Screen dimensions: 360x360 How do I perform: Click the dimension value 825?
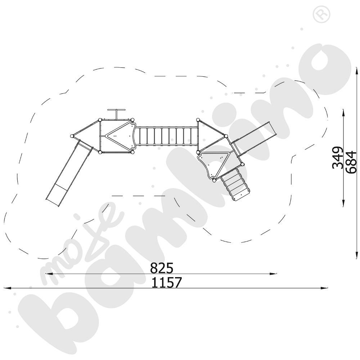click(162, 268)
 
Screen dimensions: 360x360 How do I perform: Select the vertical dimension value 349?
click(337, 157)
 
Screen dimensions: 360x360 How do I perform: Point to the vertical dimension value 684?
click(351, 162)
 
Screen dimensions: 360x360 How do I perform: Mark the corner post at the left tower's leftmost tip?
click(72, 136)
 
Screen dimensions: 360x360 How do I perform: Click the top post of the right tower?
click(198, 120)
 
